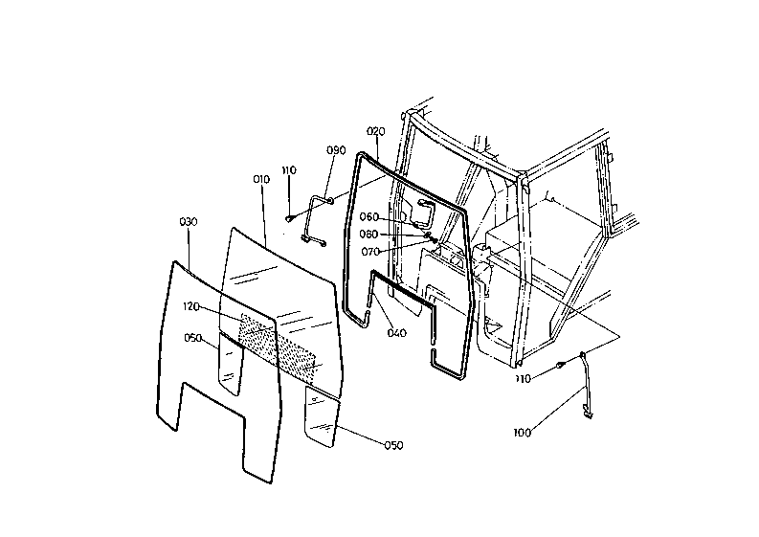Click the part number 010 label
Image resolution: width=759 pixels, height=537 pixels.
261,179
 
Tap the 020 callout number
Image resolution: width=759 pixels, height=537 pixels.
375,130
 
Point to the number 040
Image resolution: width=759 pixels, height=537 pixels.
397,333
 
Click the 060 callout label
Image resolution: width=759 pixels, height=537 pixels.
369,216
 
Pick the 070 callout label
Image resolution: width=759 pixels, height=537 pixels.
370,252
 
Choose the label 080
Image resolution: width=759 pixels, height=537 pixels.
369,234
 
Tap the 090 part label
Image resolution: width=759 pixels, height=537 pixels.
336,150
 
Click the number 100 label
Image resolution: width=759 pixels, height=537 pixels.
523,434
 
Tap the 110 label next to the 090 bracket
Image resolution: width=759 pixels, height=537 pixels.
289,170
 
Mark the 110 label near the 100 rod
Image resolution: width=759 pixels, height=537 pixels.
523,379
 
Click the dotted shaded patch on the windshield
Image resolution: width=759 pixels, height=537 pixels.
278,345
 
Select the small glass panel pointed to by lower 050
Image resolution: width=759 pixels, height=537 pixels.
322,416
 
